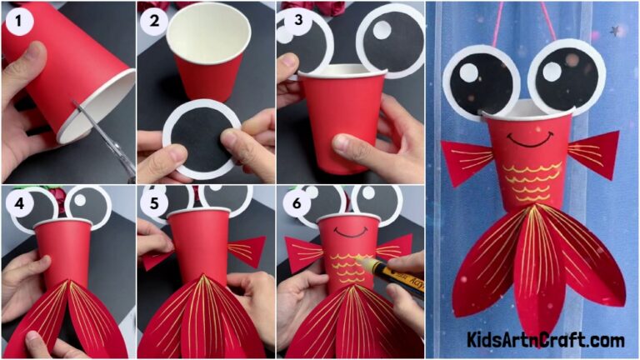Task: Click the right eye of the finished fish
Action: click(566, 78)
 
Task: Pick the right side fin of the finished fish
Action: click(596, 152)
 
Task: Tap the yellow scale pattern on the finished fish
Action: click(530, 179)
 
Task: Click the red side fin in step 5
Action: click(247, 251)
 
